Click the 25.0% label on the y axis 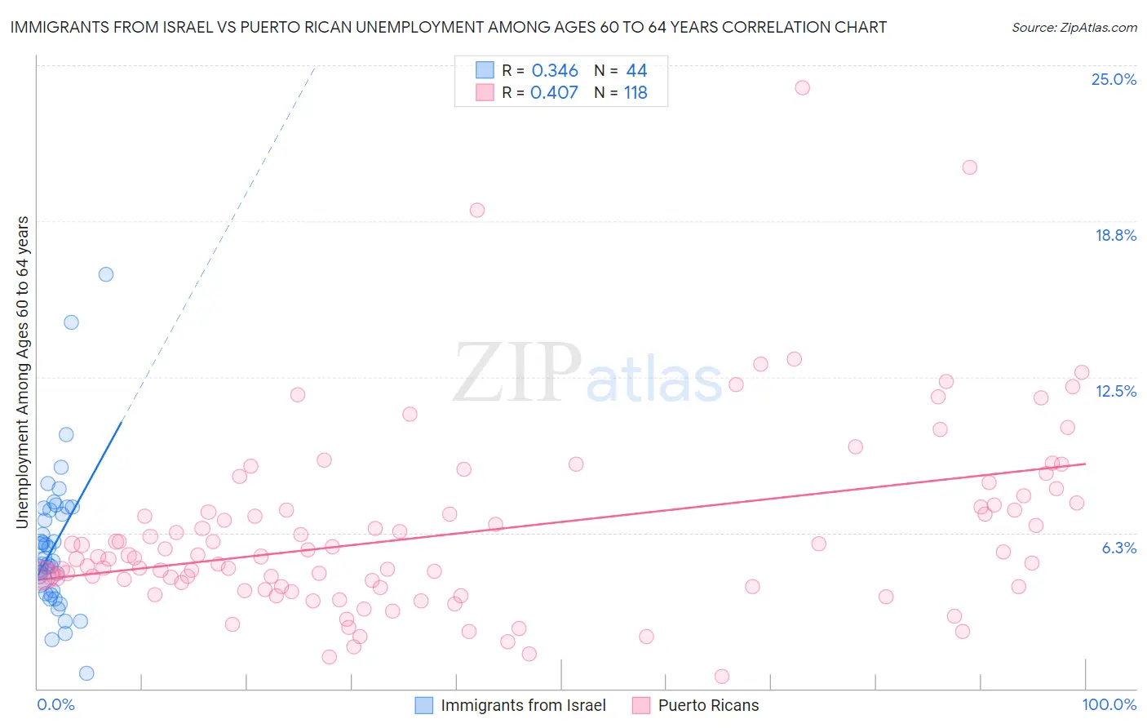(x=1114, y=79)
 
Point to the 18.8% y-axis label (x=1115, y=235)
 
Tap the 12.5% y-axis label (x=1115, y=392)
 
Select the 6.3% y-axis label (x=1118, y=548)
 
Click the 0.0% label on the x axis (x=55, y=704)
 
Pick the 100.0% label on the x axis (x=1109, y=704)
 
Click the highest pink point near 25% (x=803, y=87)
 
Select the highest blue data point (x=106, y=274)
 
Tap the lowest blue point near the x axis (x=87, y=673)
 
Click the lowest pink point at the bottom (x=721, y=677)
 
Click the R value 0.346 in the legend (x=555, y=70)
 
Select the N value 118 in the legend (x=635, y=93)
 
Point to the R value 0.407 (x=554, y=93)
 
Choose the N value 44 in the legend (x=636, y=70)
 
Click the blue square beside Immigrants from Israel (x=423, y=705)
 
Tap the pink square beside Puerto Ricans (x=641, y=705)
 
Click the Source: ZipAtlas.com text (x=1074, y=28)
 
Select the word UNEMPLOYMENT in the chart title (x=418, y=27)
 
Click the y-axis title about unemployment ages (x=23, y=372)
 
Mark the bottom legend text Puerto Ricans (x=708, y=705)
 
